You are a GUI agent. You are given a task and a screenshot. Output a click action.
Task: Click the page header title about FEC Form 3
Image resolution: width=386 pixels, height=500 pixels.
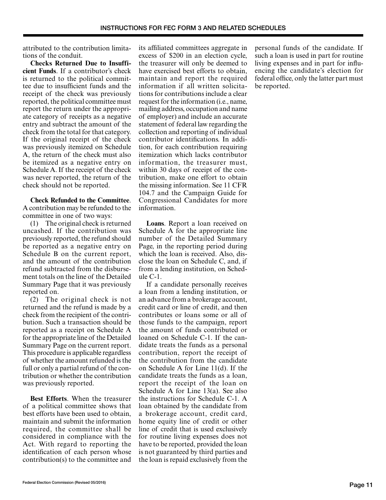[193, 28]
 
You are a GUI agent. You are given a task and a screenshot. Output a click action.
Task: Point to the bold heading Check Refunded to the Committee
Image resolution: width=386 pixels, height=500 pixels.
[80, 200]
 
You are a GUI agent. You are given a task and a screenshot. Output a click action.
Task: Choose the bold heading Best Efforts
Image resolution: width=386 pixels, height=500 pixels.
[48, 398]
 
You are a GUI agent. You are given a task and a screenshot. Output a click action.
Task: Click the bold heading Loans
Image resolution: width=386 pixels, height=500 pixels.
[155, 224]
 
